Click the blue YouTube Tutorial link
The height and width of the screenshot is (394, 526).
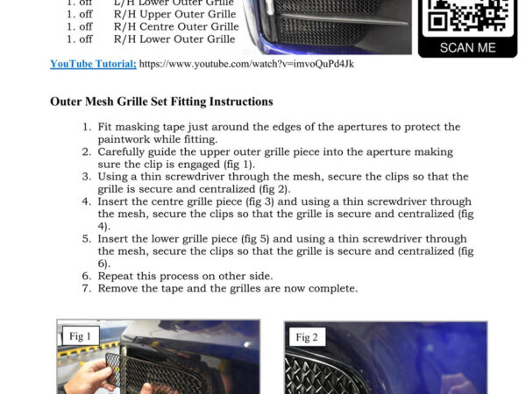coord(93,64)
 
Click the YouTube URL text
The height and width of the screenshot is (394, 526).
coord(246,64)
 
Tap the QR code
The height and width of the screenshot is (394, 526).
coord(467,18)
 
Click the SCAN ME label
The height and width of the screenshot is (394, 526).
coord(468,48)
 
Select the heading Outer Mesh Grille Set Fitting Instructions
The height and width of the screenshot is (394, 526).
coord(161,102)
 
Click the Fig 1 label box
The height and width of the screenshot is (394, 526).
coord(81,336)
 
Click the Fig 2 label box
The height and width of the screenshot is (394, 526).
coord(307,337)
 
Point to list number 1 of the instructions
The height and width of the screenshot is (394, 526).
coord(87,127)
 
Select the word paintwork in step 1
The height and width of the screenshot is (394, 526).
coord(124,139)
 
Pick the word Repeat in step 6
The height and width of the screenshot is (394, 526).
coord(115,277)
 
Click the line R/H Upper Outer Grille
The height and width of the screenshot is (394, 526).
coord(174,14)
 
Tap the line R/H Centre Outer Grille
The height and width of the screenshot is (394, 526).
coord(176,27)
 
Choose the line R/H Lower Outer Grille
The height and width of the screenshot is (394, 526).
coord(174,39)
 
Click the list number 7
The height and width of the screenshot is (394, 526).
coord(87,288)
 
